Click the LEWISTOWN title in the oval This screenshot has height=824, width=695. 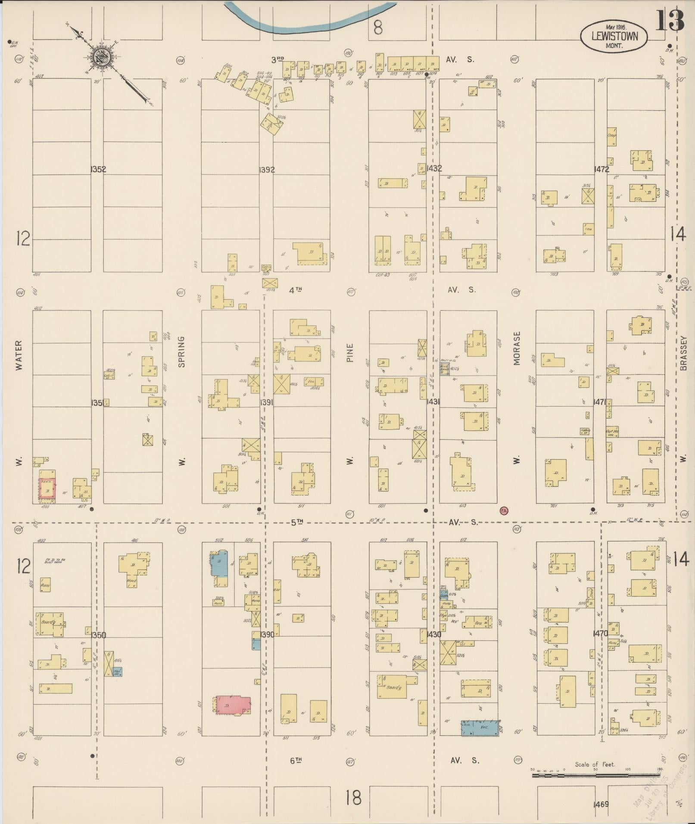coord(614,37)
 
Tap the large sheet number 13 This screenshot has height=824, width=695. coord(670,21)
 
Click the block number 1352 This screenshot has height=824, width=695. coord(98,170)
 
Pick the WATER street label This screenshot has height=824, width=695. coord(19,356)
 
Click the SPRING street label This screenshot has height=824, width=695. coord(181,351)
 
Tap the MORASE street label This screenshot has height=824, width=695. coord(517,348)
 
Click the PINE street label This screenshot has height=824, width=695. coord(349,352)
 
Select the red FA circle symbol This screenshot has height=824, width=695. coord(504,511)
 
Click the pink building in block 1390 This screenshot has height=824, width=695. coord(233,705)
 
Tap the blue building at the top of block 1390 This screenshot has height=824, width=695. coord(219,563)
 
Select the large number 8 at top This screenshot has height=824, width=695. coord(377,28)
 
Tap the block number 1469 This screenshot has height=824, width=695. coord(601,804)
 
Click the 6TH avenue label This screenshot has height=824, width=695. coord(296,761)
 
